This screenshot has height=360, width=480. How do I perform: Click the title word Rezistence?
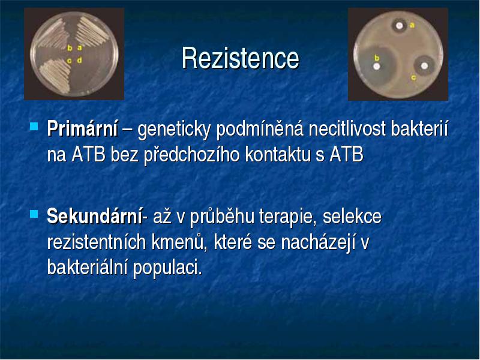[x=241, y=58]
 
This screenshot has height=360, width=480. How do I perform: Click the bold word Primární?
[x=82, y=129]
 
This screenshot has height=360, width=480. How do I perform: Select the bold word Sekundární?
[x=95, y=216]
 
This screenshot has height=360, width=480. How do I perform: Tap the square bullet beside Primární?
[x=34, y=127]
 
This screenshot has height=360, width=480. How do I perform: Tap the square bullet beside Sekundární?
[x=34, y=214]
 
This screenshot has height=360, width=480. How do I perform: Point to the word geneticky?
[x=174, y=130]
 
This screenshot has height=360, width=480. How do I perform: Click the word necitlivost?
[x=347, y=129]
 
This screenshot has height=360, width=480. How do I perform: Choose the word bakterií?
[x=419, y=129]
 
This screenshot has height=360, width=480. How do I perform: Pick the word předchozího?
[x=191, y=155]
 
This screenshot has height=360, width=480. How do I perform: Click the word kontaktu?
[x=278, y=155]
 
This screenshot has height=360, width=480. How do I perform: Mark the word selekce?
[x=352, y=216]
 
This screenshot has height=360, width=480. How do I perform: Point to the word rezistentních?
[x=97, y=242]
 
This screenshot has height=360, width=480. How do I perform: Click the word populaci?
[x=167, y=268]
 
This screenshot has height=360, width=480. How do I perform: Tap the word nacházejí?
[x=318, y=243]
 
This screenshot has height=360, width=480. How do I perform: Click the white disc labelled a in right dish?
[x=399, y=26]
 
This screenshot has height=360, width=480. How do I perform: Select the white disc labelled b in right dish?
[x=377, y=66]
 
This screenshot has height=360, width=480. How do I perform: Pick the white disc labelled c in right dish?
[x=424, y=66]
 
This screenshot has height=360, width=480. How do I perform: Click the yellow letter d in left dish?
[x=80, y=60]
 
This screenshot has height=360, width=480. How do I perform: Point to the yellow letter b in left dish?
[x=70, y=48]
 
